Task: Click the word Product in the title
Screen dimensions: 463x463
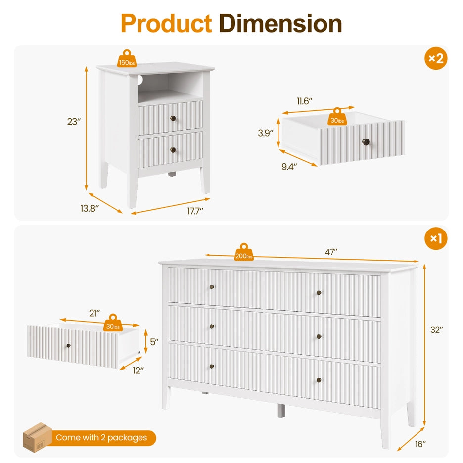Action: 166,23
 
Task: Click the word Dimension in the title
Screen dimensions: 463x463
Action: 280,23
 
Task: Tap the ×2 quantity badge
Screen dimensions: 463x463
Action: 436,58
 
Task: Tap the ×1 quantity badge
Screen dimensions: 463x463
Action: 436,238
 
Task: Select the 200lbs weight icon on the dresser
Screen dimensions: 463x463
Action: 244,252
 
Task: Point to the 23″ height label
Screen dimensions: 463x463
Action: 74,121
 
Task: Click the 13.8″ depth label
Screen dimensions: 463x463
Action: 90,208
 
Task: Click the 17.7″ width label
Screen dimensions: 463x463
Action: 195,211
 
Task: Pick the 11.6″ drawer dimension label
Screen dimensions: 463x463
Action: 304,101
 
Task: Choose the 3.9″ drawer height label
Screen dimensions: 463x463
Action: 266,133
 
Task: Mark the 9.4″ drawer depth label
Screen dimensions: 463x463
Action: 289,167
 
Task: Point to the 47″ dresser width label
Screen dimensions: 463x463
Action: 331,252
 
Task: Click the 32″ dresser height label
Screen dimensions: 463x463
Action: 437,330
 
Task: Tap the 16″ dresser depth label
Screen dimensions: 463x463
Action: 420,444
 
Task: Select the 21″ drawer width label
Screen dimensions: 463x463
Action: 94,313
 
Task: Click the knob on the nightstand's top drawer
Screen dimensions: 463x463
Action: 173,118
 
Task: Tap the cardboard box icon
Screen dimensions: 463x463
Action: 37,437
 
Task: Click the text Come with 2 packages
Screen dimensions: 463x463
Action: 101,437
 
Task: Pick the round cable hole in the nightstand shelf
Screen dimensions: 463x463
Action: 139,80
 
